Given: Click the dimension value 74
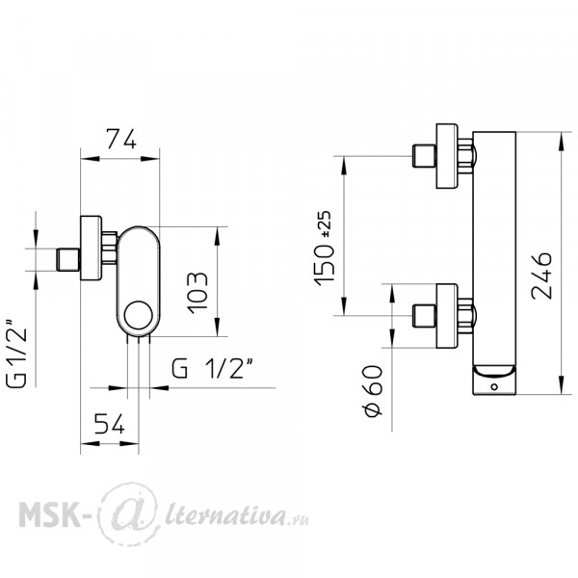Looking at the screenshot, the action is pyautogui.click(x=121, y=139).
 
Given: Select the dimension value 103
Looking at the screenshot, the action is pyautogui.click(x=197, y=293).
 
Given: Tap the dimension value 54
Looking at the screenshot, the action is pyautogui.click(x=110, y=424).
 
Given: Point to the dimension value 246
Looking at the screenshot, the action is pyautogui.click(x=541, y=276).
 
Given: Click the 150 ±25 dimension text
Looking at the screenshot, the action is pyautogui.click(x=324, y=249).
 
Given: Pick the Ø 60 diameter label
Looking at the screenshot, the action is pyautogui.click(x=373, y=391).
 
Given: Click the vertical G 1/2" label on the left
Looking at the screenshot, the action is pyautogui.click(x=16, y=353).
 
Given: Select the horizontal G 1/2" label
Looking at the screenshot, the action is pyautogui.click(x=213, y=368).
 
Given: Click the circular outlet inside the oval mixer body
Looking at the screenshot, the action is pyautogui.click(x=138, y=316).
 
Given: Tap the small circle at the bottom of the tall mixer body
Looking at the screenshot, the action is pyautogui.click(x=494, y=386).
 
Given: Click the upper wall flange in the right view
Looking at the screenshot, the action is pyautogui.click(x=447, y=156).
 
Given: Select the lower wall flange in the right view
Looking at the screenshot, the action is pyautogui.click(x=447, y=316).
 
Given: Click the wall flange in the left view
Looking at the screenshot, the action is pyautogui.click(x=91, y=249).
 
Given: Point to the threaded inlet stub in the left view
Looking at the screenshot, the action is pyautogui.click(x=67, y=260).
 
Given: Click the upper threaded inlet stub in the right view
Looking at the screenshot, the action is pyautogui.click(x=424, y=156).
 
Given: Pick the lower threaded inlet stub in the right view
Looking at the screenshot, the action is pyautogui.click(x=424, y=316).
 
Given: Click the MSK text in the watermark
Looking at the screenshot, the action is pyautogui.click(x=49, y=513).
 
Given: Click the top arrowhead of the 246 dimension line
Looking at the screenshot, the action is pyautogui.click(x=562, y=142).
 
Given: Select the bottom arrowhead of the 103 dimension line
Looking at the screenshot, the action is pyautogui.click(x=217, y=328).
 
